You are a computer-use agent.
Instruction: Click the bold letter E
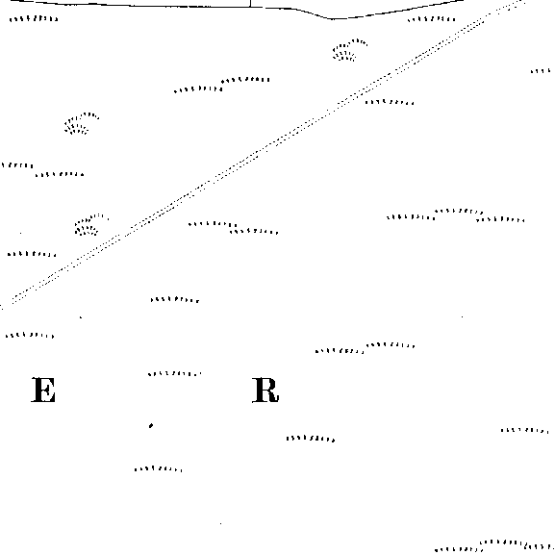point(43,390)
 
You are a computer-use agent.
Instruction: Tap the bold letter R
point(265,390)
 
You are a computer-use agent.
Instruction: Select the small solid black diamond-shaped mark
point(151,425)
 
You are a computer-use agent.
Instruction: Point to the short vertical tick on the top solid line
point(251,4)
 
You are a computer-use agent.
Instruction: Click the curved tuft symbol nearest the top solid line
point(348,50)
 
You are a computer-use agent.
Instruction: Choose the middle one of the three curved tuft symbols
point(81,123)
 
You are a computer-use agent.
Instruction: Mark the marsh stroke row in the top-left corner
point(34,18)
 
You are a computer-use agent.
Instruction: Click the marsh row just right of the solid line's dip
point(432,19)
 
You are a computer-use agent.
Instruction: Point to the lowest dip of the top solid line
point(333,18)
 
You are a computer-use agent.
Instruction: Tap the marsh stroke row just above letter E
point(30,335)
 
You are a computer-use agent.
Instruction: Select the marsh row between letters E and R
point(174,373)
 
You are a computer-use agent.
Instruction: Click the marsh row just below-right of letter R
point(311,439)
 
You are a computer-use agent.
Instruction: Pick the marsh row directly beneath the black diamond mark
point(159,469)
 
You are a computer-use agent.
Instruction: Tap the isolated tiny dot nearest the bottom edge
point(221,523)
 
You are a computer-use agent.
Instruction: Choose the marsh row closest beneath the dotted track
point(390,102)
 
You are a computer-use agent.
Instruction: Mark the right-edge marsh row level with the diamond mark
point(525,430)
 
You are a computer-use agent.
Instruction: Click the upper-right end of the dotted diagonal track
point(524,2)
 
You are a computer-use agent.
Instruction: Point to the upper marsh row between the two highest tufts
point(245,80)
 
